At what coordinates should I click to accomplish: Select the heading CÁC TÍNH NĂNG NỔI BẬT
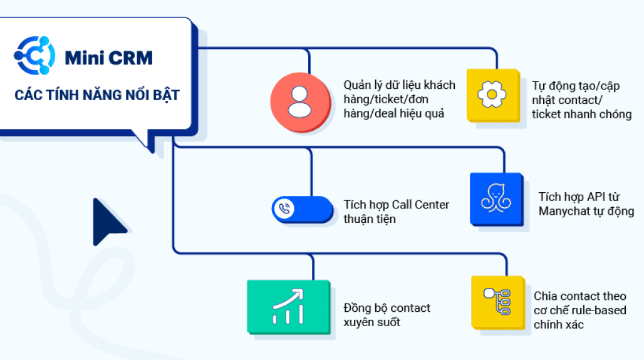(x=97, y=95)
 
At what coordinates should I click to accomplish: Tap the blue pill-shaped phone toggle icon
(x=303, y=209)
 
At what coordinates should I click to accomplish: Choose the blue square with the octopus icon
(x=496, y=199)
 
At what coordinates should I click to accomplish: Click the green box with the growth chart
(x=288, y=306)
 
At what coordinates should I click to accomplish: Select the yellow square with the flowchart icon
(x=497, y=302)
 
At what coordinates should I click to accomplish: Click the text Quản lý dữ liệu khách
(x=399, y=85)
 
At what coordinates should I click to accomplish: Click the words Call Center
(x=421, y=205)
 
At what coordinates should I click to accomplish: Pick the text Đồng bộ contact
(x=387, y=308)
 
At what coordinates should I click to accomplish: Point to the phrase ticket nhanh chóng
(x=581, y=114)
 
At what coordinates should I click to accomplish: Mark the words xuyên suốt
(x=371, y=322)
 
